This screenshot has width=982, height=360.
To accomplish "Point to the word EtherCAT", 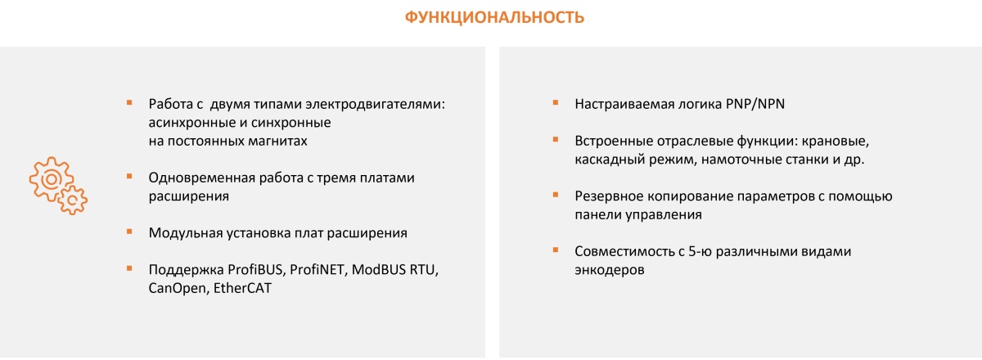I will (241, 289).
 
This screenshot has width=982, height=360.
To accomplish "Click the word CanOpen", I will (176, 289).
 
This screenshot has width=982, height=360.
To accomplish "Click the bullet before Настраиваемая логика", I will (555, 103).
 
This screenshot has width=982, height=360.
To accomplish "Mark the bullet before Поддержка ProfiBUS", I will (128, 269).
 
